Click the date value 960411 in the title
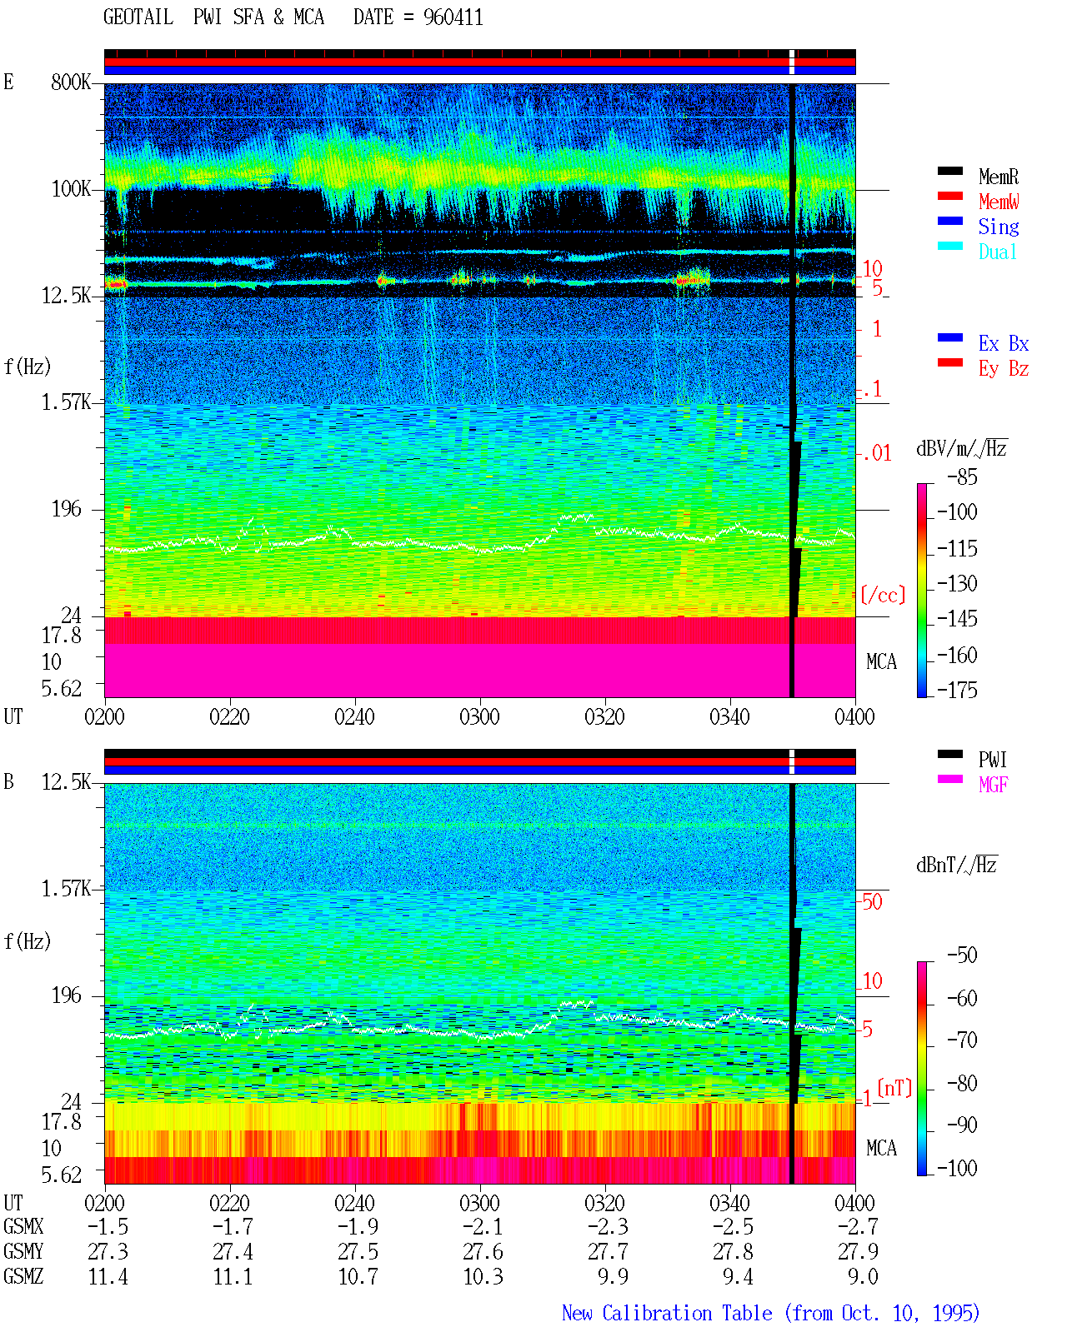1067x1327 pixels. pyautogui.click(x=453, y=17)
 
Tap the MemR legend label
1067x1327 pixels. pyautogui.click(x=998, y=177)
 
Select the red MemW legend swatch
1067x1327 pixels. pyautogui.click(x=949, y=196)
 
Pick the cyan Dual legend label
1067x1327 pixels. pyautogui.click(x=997, y=252)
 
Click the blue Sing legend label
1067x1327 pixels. pyautogui.click(x=998, y=227)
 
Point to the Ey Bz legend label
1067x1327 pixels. pyautogui.click(x=1004, y=369)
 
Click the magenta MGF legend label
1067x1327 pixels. pyautogui.click(x=993, y=785)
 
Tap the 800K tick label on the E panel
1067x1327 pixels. pyautogui.click(x=70, y=82)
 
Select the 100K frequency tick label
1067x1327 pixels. pyautogui.click(x=70, y=189)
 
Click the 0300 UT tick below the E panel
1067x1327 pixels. pyautogui.click(x=479, y=717)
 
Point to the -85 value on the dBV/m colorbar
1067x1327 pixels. pyautogui.click(x=962, y=477)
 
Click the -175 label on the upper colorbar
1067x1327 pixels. pyautogui.click(x=957, y=690)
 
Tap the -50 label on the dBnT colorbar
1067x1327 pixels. pyautogui.click(x=962, y=955)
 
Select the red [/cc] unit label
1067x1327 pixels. pyautogui.click(x=883, y=595)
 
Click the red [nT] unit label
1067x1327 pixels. pyautogui.click(x=894, y=1088)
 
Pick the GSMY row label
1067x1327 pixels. pyautogui.click(x=23, y=1251)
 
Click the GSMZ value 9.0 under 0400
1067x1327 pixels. pyautogui.click(x=863, y=1276)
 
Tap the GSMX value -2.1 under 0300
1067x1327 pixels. pyautogui.click(x=483, y=1226)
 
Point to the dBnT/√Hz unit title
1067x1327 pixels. pyautogui.click(x=957, y=866)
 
